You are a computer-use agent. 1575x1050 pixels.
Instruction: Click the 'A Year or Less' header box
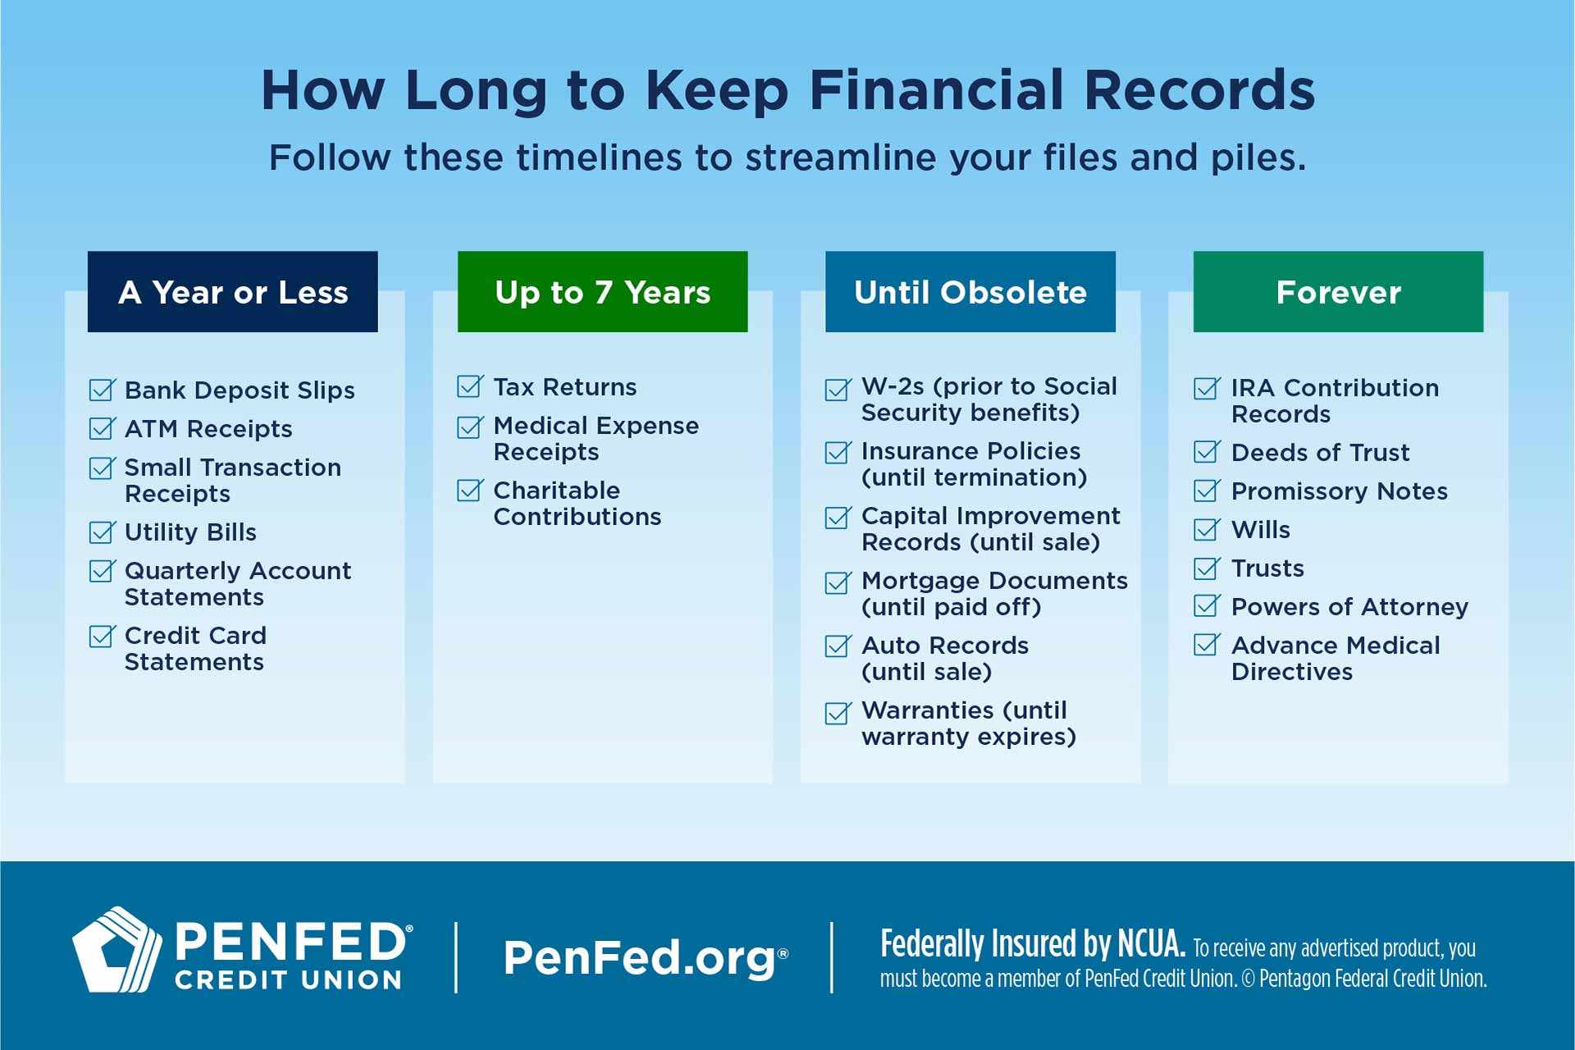pyautogui.click(x=232, y=292)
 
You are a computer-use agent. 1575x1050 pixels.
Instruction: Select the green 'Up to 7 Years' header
pyautogui.click(x=602, y=292)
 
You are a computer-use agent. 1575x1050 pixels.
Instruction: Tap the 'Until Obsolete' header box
pyautogui.click(x=970, y=292)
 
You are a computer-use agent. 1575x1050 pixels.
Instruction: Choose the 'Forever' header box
pyautogui.click(x=1338, y=292)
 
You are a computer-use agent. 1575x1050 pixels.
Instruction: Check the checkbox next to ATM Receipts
pyautogui.click(x=102, y=429)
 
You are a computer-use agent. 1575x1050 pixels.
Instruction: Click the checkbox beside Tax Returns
pyautogui.click(x=470, y=386)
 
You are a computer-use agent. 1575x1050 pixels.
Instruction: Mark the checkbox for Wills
pyautogui.click(x=1206, y=530)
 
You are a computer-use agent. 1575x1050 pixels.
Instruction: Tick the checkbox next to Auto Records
pyautogui.click(x=838, y=646)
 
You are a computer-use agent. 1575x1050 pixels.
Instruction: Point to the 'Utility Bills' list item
pyautogui.click(x=190, y=532)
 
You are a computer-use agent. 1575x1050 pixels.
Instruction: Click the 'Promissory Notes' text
pyautogui.click(x=1339, y=491)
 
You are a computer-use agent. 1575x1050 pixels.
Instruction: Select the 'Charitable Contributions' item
pyautogui.click(x=577, y=503)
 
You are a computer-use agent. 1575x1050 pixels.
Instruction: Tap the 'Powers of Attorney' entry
pyautogui.click(x=1349, y=607)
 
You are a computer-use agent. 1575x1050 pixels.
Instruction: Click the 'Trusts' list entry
pyautogui.click(x=1267, y=568)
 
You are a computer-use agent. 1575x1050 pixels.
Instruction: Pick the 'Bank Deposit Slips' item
pyautogui.click(x=240, y=390)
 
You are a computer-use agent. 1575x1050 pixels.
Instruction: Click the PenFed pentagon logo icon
pyautogui.click(x=116, y=950)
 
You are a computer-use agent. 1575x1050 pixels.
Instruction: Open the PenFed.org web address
pyautogui.click(x=640, y=957)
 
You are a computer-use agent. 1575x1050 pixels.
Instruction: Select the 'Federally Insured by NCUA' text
pyautogui.click(x=1032, y=943)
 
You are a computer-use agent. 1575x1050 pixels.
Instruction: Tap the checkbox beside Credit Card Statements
pyautogui.click(x=102, y=637)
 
